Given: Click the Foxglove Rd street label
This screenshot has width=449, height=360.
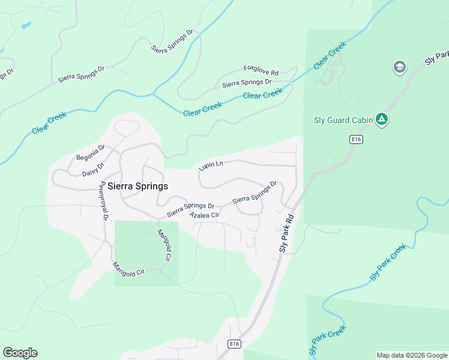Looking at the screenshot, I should pyautogui.click(x=261, y=70).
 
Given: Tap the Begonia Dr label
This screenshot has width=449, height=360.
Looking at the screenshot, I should pyautogui.click(x=91, y=153).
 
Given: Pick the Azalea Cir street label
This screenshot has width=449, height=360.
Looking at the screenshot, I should pyautogui.click(x=204, y=214).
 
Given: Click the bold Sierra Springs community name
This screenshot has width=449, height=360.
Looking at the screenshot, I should pyautogui.click(x=137, y=187).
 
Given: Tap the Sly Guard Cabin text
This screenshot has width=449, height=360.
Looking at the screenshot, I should pyautogui.click(x=343, y=119).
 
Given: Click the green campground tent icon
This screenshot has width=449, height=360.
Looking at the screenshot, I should pyautogui.click(x=381, y=119).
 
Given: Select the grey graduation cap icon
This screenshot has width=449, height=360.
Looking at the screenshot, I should pyautogui.click(x=399, y=67).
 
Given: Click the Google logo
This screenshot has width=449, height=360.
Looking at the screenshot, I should pyautogui.click(x=20, y=353).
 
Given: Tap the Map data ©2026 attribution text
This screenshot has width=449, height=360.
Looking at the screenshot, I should pyautogui.click(x=411, y=355).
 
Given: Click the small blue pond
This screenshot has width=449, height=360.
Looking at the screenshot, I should pyautogui.click(x=25, y=26).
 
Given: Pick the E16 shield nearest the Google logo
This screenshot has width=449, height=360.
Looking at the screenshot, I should pyautogui.click(x=235, y=344).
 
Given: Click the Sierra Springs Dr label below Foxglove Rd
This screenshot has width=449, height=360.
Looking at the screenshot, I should pyautogui.click(x=247, y=83).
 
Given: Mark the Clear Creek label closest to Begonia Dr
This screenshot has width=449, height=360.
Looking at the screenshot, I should pyautogui.click(x=49, y=124).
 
